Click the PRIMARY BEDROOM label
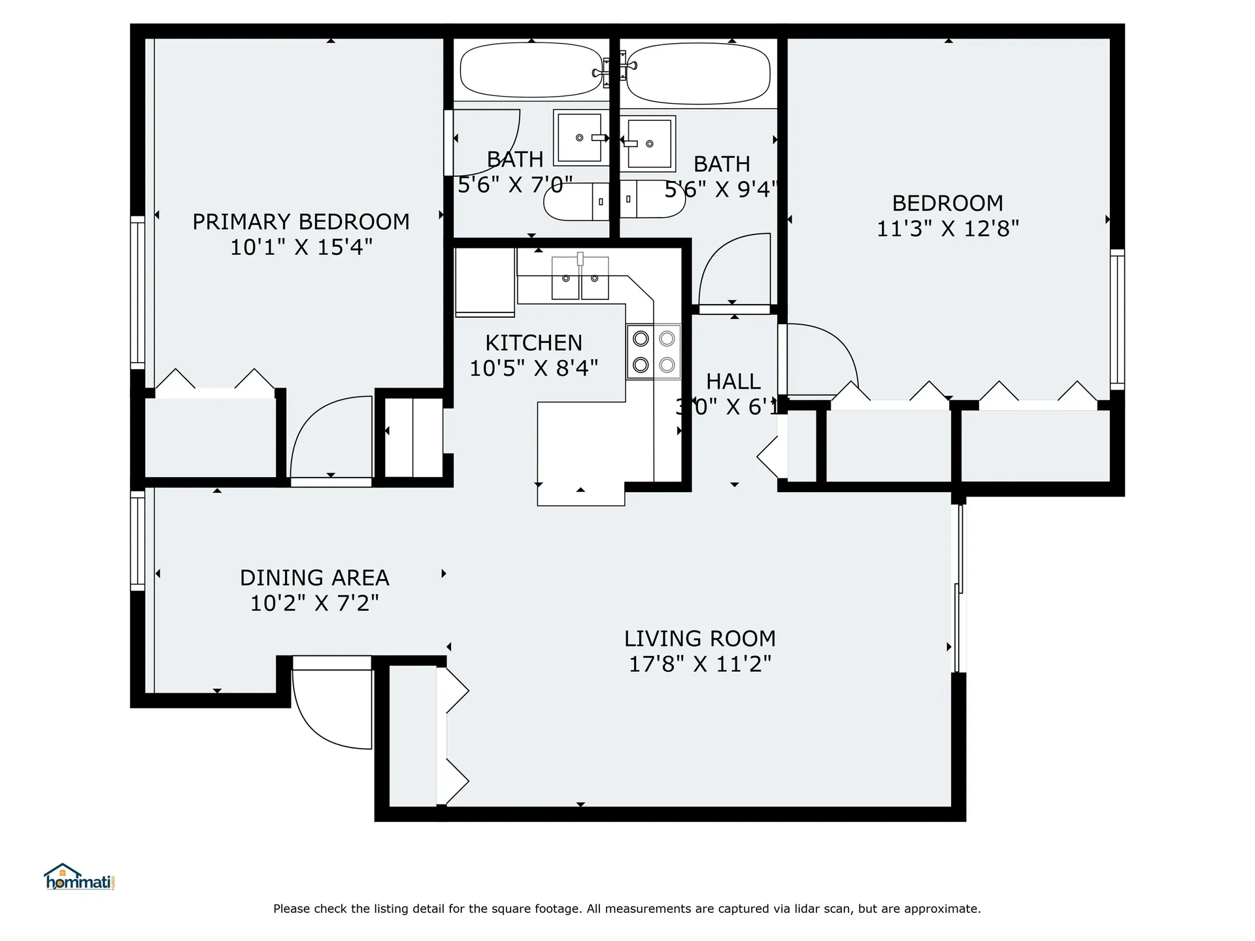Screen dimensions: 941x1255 point(301,222)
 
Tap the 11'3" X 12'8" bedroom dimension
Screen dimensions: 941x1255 point(947,229)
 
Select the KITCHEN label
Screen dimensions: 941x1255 point(533,342)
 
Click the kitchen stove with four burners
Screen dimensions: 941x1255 point(654,352)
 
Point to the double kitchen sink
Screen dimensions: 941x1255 point(580,278)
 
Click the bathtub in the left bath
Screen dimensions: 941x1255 point(531,70)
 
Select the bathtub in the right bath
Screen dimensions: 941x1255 point(697,74)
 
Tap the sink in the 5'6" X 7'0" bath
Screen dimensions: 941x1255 point(579,137)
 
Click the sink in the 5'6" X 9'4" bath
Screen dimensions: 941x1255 point(649,143)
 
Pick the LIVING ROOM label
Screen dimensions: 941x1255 point(699,638)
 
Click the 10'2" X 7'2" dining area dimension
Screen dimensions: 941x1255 point(314,603)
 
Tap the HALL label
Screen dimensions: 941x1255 point(733,381)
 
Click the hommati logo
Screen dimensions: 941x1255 point(79,877)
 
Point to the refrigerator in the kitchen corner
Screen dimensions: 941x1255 point(485,282)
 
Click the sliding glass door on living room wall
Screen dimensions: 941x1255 point(959,588)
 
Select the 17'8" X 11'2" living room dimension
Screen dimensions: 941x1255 point(699,664)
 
